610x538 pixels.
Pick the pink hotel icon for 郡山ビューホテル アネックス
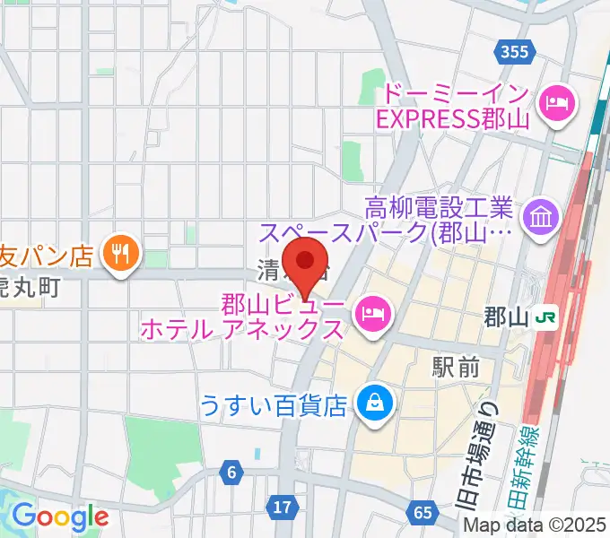371,312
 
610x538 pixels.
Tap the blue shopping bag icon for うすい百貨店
370,403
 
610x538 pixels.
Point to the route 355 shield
515,52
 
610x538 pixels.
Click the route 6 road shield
231,472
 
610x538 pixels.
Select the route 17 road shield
283,508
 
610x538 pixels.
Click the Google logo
60,516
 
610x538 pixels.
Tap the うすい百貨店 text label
273,405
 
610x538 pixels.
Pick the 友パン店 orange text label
47,256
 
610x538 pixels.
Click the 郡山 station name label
504,317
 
